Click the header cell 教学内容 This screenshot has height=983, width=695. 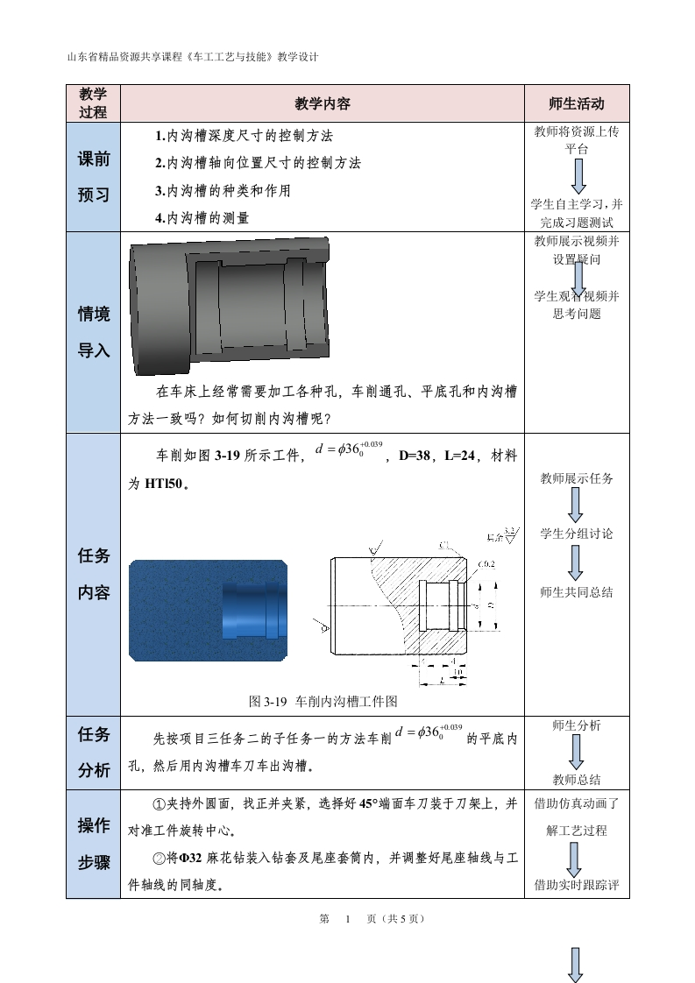(x=322, y=103)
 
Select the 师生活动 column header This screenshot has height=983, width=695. (x=577, y=103)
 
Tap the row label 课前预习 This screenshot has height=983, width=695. (x=94, y=177)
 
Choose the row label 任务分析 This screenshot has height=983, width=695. (x=94, y=752)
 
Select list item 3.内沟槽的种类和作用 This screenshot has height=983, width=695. (x=223, y=190)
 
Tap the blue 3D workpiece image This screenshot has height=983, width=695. (x=208, y=610)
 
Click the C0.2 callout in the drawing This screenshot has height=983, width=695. (x=486, y=563)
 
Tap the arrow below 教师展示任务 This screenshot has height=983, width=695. (x=577, y=505)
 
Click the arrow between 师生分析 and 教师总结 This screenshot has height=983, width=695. (x=577, y=752)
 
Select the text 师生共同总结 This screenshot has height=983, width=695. (x=577, y=592)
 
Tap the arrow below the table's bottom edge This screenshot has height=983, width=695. (x=577, y=963)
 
